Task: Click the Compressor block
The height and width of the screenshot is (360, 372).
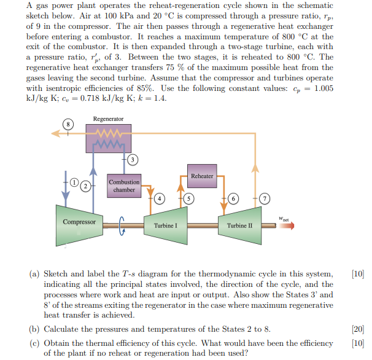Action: [x=79, y=225]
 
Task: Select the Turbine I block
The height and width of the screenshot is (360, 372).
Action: [x=166, y=225]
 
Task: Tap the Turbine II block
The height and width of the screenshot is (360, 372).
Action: [x=239, y=225]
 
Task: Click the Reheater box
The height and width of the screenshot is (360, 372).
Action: [x=202, y=176]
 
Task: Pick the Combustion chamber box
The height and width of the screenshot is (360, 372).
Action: [x=124, y=186]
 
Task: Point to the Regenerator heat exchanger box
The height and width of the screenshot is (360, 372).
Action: [x=109, y=138]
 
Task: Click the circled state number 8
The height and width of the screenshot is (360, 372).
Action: [x=68, y=124]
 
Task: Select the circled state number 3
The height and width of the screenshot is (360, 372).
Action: [x=133, y=160]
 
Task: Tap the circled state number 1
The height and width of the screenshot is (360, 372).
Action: [x=74, y=182]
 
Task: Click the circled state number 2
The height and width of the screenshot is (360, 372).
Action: [x=86, y=186]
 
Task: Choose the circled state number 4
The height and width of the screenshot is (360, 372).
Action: [x=160, y=198]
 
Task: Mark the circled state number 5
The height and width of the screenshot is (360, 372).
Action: [x=188, y=198]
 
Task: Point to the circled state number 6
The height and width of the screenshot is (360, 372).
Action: [x=233, y=198]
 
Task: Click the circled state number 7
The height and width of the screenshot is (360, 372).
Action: [x=265, y=198]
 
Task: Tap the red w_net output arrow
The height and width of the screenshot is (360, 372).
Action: [x=287, y=225]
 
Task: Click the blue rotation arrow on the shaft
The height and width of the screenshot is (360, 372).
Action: [x=121, y=226]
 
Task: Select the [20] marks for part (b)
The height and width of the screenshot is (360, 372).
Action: [x=358, y=329]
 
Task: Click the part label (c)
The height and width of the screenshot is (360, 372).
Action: [x=34, y=343]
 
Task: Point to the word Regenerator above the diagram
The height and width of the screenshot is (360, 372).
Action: [x=108, y=119]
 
